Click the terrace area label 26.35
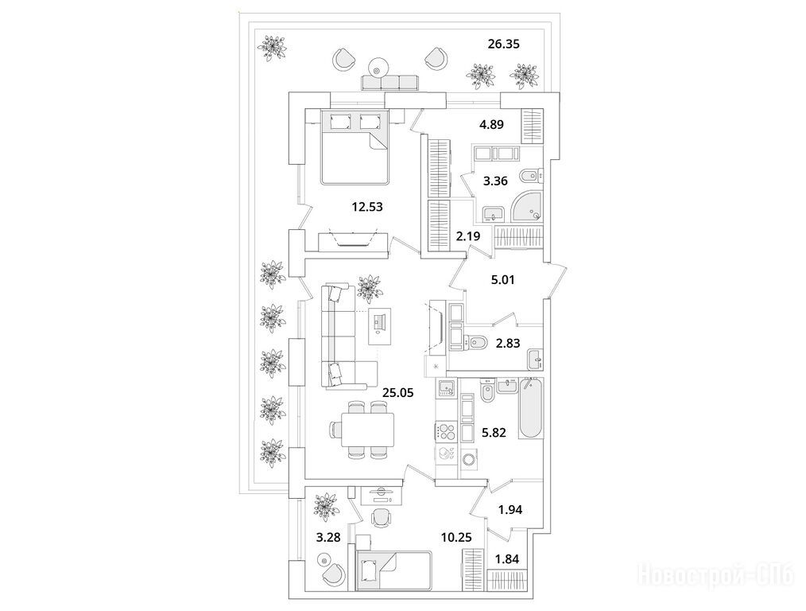click(x=503, y=45)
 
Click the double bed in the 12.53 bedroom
click(x=355, y=146)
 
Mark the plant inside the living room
click(x=368, y=286)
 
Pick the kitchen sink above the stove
click(x=446, y=387)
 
